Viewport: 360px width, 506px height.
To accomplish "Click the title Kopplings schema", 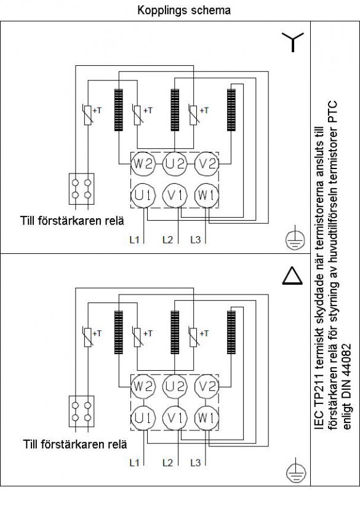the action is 184,10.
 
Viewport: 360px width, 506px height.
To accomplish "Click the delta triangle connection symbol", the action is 292,276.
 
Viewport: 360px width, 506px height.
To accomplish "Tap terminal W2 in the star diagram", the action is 143,164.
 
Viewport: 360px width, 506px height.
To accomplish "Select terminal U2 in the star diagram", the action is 175,164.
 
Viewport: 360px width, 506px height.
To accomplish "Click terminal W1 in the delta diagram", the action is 206,418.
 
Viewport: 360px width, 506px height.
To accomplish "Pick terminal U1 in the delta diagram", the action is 143,418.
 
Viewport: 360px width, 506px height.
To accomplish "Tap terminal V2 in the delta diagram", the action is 206,386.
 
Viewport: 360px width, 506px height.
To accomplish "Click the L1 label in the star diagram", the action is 134,240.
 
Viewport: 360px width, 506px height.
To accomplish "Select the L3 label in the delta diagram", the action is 196,463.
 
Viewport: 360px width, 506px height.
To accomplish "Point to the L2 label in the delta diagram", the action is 168,463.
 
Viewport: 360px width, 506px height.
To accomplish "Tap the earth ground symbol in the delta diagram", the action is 296,472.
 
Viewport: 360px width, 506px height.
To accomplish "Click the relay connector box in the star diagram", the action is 82,189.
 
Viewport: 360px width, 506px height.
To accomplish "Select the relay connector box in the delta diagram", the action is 82,411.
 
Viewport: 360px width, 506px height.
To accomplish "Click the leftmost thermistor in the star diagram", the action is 88,114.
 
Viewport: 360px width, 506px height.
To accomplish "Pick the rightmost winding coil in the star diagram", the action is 231,110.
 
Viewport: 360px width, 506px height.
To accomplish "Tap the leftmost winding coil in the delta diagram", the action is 119,333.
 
